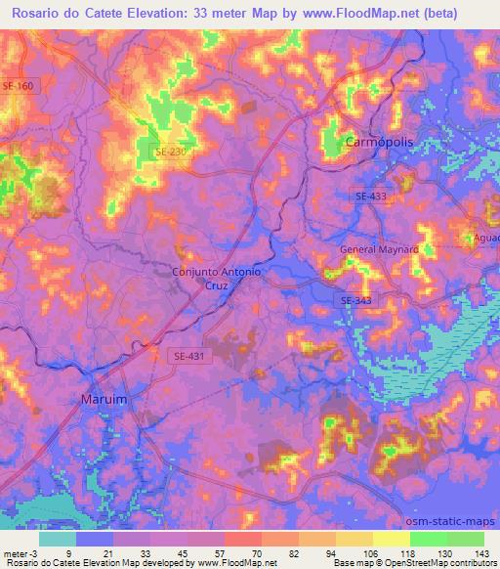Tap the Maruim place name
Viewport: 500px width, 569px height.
[104, 400]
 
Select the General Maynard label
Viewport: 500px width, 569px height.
[379, 249]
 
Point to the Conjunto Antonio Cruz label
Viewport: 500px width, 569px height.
[216, 279]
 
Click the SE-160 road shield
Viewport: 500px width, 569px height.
[17, 86]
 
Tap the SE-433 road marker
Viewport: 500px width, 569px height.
[370, 197]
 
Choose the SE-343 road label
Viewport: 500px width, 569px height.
[355, 300]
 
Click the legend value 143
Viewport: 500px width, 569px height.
[482, 552]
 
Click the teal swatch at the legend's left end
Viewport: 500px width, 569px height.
[57, 539]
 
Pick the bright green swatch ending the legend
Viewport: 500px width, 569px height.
[466, 539]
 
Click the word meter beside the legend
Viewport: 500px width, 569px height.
[16, 552]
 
